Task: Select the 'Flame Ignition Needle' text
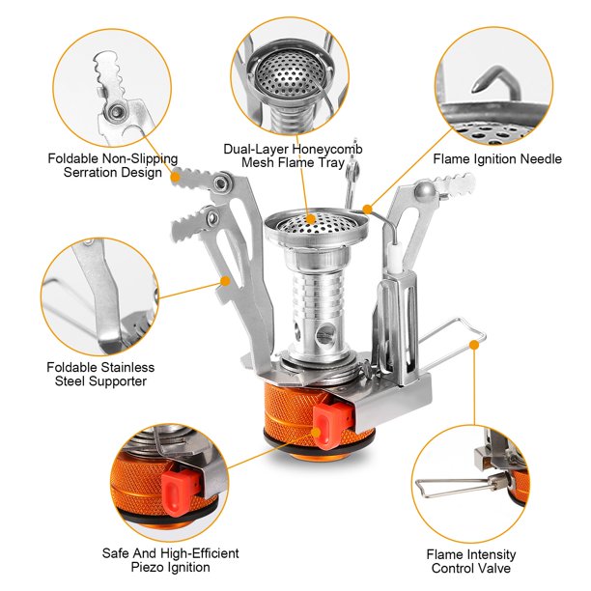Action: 496,158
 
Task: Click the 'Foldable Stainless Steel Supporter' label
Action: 100,374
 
